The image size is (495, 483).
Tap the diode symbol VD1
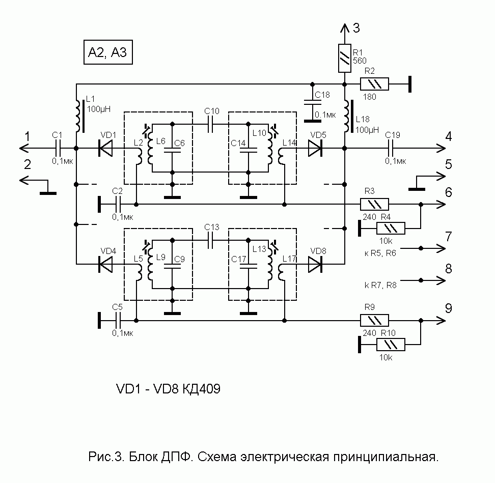pyautogui.click(x=106, y=148)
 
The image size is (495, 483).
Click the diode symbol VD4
pyautogui.click(x=106, y=264)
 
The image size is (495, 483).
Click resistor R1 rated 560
pyautogui.click(x=344, y=58)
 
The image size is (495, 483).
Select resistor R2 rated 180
pyautogui.click(x=375, y=83)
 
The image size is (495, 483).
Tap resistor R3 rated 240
pyautogui.click(x=375, y=204)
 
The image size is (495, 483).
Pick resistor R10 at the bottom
pyautogui.click(x=391, y=346)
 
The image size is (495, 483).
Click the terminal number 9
pyautogui.click(x=448, y=308)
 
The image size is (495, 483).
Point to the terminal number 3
pyautogui.click(x=356, y=29)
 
